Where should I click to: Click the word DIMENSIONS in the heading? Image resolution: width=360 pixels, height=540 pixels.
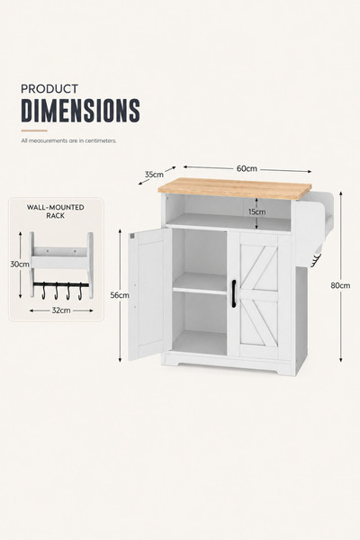[x=81, y=110]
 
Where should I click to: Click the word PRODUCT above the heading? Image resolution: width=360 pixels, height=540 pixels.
[x=49, y=89]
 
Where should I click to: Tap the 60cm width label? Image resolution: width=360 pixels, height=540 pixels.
[x=247, y=169]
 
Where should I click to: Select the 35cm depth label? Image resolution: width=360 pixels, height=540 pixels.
[x=154, y=175]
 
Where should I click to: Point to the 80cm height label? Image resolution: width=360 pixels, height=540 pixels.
[x=340, y=285]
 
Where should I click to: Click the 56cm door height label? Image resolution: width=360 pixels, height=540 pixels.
[x=120, y=295]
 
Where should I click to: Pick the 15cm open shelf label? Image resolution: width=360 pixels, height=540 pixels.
[x=257, y=211]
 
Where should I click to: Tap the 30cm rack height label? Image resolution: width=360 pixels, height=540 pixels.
[x=20, y=265]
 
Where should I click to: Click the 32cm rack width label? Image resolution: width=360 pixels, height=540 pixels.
[x=61, y=310]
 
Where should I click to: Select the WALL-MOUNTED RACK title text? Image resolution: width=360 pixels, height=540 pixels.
[x=56, y=211]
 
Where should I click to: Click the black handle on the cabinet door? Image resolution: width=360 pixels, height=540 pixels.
[x=234, y=293]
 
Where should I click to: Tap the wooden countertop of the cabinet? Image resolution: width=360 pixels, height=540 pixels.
[x=235, y=188]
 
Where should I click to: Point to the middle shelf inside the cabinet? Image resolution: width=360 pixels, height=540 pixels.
[x=200, y=284]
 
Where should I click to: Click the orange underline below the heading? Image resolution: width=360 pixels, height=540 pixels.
[x=34, y=130]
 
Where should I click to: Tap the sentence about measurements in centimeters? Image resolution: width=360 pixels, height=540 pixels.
[x=69, y=141]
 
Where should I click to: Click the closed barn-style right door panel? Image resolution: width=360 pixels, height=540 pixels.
[x=258, y=296]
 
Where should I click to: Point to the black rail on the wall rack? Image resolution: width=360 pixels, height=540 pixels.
[x=61, y=284]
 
